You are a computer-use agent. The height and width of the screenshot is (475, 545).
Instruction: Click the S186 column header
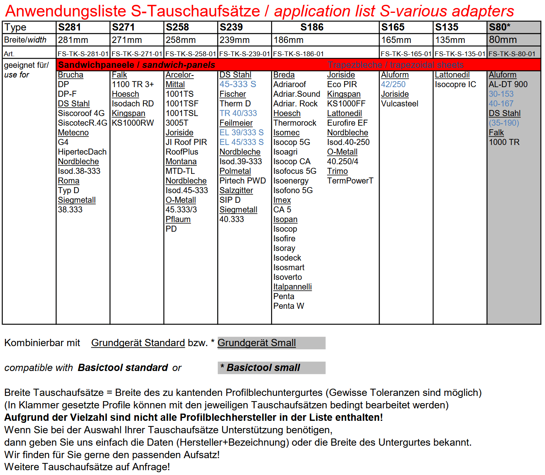(312, 27)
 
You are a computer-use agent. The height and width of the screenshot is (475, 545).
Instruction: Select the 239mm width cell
(235, 40)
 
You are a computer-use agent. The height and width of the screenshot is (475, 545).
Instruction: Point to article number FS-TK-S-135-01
(460, 54)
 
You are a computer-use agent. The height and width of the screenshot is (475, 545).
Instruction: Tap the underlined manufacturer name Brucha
(70, 75)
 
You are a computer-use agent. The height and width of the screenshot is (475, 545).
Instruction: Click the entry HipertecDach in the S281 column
(82, 152)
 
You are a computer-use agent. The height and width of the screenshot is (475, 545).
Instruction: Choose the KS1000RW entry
(133, 123)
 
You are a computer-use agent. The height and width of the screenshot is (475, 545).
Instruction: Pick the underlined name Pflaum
(178, 219)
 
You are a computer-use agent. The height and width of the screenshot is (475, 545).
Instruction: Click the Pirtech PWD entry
(243, 181)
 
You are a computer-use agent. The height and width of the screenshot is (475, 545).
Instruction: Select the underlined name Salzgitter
(236, 190)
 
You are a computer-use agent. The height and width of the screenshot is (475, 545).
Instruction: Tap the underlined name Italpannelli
(292, 287)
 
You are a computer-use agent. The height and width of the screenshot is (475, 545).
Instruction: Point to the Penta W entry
(288, 306)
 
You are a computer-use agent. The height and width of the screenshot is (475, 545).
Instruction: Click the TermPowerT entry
(350, 181)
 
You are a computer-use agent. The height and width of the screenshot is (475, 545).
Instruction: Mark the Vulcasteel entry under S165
(400, 104)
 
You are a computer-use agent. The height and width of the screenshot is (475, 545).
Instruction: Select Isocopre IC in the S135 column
(455, 84)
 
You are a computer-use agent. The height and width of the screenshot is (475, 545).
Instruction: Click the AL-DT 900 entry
(508, 84)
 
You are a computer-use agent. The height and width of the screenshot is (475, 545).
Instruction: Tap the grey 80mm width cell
(503, 40)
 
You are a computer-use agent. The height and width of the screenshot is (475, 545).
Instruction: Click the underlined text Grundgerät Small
(257, 343)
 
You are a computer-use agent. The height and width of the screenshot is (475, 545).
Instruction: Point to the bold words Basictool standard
(123, 368)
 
